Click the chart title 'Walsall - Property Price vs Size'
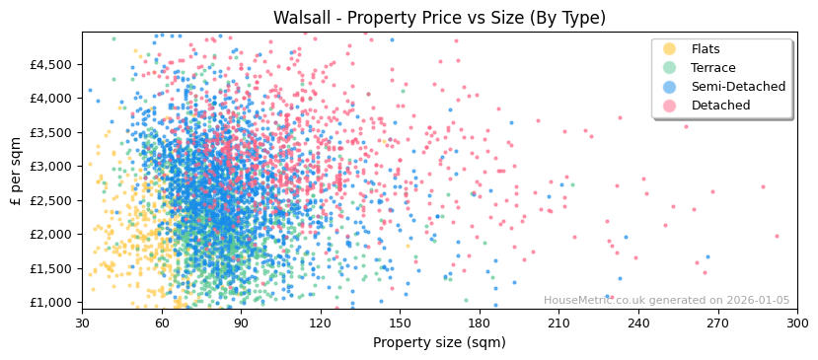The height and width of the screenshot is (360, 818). (439, 18)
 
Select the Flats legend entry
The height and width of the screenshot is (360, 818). (706, 49)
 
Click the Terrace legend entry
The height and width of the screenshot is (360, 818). (712, 68)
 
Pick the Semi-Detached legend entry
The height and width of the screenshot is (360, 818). (738, 87)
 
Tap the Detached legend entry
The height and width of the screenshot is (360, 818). (720, 106)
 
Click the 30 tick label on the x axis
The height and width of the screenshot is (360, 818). (82, 323)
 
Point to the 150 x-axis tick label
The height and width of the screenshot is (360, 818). (400, 323)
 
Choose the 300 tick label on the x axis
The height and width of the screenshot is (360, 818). (796, 323)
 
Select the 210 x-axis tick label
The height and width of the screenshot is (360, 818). (558, 323)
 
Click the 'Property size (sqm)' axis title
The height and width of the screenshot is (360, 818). (439, 343)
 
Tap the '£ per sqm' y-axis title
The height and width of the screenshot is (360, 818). (16, 171)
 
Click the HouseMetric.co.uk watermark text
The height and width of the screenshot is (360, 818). (666, 301)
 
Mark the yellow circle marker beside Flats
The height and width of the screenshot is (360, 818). (670, 49)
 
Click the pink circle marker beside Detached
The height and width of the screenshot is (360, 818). (670, 106)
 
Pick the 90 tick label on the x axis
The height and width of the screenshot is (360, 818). (241, 323)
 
